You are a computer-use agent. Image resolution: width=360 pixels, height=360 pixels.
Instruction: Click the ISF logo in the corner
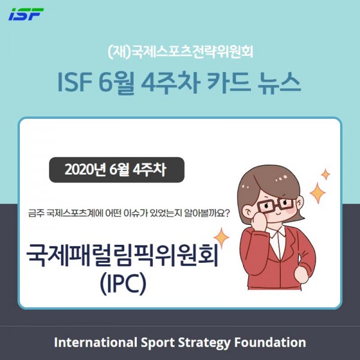[26, 14]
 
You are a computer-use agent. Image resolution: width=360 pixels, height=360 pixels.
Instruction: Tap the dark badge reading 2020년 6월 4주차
[116, 170]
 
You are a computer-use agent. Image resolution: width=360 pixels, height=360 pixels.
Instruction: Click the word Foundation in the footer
[270, 343]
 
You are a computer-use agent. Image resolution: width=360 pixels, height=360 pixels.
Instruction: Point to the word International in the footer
[96, 343]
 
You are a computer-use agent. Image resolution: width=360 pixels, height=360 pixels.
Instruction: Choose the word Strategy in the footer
[204, 343]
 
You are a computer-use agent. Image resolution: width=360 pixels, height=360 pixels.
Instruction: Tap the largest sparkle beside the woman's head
[318, 193]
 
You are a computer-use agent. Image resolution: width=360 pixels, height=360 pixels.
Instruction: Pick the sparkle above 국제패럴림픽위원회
[221, 238]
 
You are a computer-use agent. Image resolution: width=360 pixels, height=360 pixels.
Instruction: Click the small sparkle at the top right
[326, 174]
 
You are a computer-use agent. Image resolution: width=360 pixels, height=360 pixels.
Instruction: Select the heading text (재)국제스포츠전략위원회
[180, 52]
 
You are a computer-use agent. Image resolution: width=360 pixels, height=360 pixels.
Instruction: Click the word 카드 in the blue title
[229, 82]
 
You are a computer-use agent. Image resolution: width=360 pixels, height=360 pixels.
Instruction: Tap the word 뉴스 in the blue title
[279, 83]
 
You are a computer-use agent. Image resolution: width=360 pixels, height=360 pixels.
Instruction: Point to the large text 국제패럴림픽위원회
[122, 255]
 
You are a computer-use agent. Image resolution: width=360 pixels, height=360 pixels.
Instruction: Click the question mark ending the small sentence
[226, 213]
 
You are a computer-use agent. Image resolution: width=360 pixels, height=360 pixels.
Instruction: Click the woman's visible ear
[247, 211]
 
